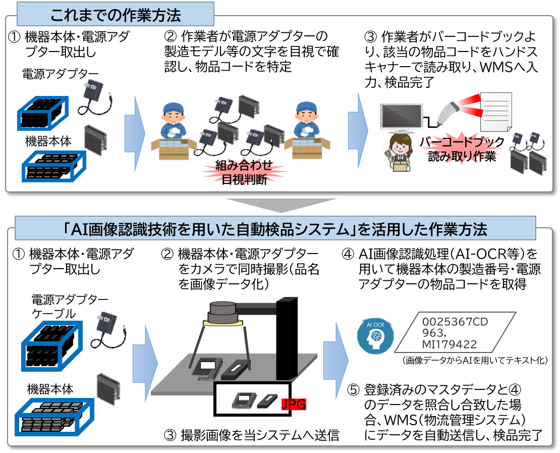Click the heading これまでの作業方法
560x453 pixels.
click(x=116, y=15)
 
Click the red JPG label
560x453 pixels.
click(x=294, y=404)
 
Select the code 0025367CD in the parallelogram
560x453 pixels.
click(x=456, y=322)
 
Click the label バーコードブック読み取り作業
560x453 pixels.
click(x=462, y=149)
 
